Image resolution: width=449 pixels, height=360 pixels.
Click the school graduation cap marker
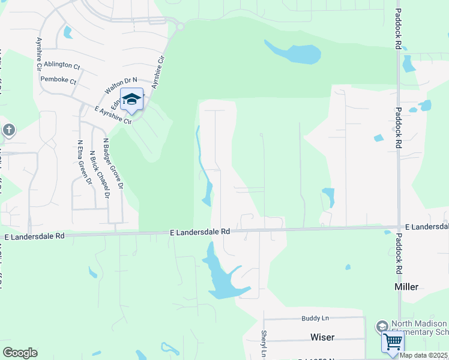(x=131, y=99)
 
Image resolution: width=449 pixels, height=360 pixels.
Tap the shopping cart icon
(x=393, y=342)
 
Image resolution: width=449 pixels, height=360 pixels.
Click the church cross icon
(x=8, y=130)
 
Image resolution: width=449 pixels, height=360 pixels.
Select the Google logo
(x=20, y=353)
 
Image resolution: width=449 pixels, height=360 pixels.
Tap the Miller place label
(x=406, y=287)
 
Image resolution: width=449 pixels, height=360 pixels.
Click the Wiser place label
(x=322, y=337)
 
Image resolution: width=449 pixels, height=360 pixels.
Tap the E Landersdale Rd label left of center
(x=200, y=231)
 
